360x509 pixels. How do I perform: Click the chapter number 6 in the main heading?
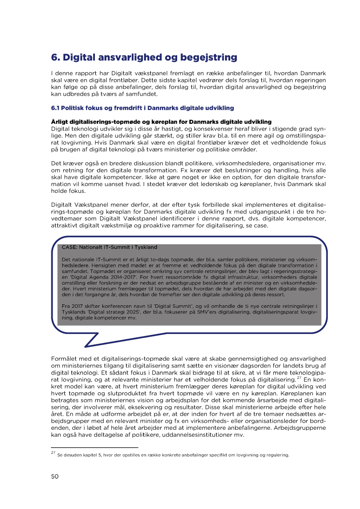click(x=54, y=57)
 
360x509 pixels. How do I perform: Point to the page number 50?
click(x=55, y=476)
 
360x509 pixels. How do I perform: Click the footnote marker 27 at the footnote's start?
click(x=53, y=454)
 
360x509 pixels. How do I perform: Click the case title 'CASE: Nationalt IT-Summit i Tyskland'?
click(x=109, y=247)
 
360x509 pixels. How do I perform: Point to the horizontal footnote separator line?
click(x=94, y=447)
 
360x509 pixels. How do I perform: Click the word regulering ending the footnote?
click(x=276, y=455)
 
